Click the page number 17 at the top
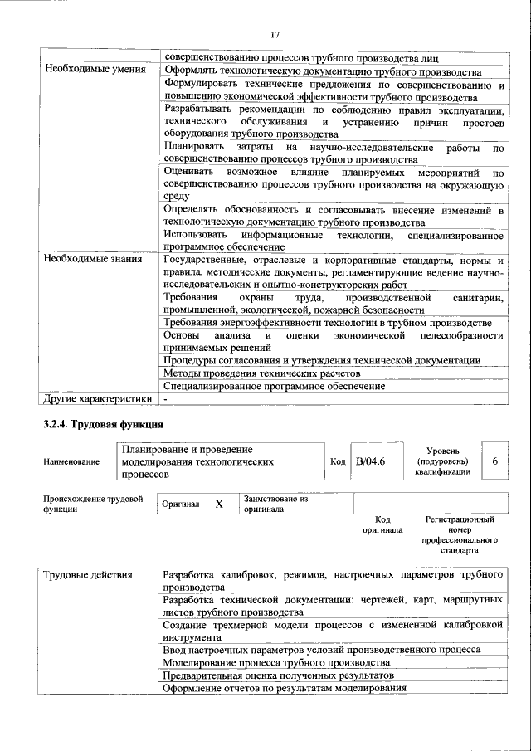coord(275,34)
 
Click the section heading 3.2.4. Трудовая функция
coord(99,426)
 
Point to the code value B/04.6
coord(371,461)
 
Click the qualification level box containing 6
coord(494,460)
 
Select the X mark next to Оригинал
coord(219,504)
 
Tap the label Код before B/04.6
coord(338,461)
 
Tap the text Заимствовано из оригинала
coord(275,504)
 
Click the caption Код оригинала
coord(382,524)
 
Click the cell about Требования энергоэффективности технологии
coord(328,322)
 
